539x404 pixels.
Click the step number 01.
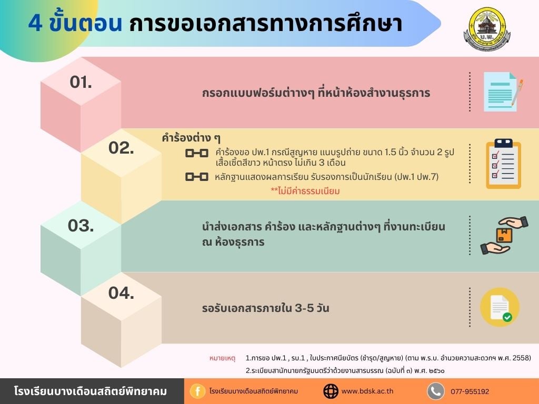tap(81, 82)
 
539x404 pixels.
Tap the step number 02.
tap(121, 148)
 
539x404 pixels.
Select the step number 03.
tap(81, 226)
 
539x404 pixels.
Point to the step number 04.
tap(121, 293)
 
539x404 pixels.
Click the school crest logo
tap(487, 29)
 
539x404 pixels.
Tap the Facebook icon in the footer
tap(198, 391)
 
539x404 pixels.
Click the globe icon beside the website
tap(331, 391)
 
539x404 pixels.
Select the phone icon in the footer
tap(435, 391)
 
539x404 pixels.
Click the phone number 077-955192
tap(470, 391)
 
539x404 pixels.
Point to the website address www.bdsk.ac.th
tap(367, 391)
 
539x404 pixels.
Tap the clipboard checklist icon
tap(503, 164)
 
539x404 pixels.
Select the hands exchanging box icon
tap(504, 235)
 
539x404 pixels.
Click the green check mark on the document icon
tap(507, 317)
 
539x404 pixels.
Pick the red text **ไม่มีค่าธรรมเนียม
tap(305, 191)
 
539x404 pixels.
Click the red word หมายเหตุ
tap(222, 358)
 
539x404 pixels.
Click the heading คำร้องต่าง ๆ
tap(191, 138)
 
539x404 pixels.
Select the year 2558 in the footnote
tap(522, 358)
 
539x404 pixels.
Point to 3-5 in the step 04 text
tap(304, 308)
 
